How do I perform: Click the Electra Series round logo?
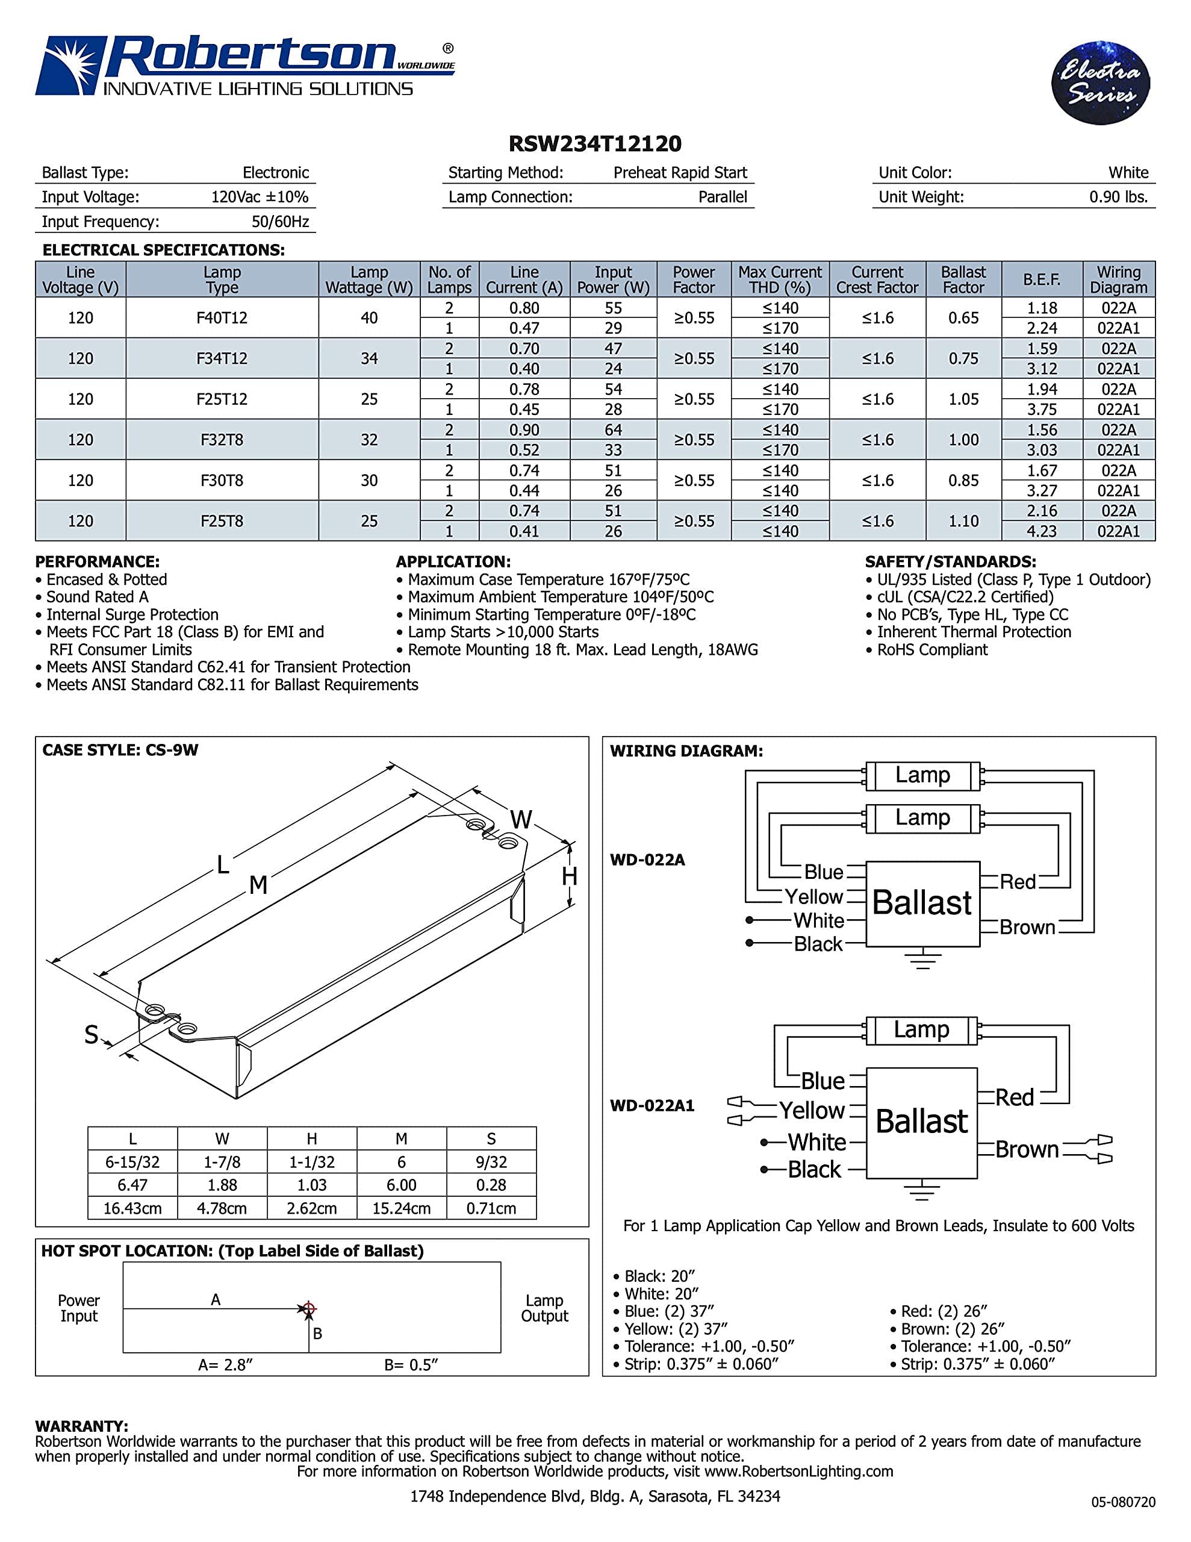tap(1100, 83)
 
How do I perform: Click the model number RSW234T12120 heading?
tap(595, 144)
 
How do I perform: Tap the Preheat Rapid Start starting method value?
tap(679, 173)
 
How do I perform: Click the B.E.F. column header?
tap(1041, 279)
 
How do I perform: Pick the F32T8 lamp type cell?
tap(222, 440)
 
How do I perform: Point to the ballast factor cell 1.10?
tap(963, 521)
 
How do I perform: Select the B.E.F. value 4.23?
tap(1041, 531)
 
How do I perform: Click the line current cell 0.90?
tap(524, 430)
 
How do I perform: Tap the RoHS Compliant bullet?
tap(931, 649)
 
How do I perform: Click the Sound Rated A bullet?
tap(97, 596)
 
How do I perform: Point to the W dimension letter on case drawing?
tap(520, 820)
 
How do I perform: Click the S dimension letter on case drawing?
tap(91, 1035)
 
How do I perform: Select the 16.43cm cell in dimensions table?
tap(132, 1208)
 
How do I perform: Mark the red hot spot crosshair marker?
tap(308, 1308)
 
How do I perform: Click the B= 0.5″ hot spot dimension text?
tap(411, 1365)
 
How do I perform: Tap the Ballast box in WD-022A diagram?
tap(922, 903)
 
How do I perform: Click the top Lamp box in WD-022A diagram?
tap(922, 775)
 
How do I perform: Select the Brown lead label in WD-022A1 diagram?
tap(1027, 1149)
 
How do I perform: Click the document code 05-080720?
tap(1122, 1502)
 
